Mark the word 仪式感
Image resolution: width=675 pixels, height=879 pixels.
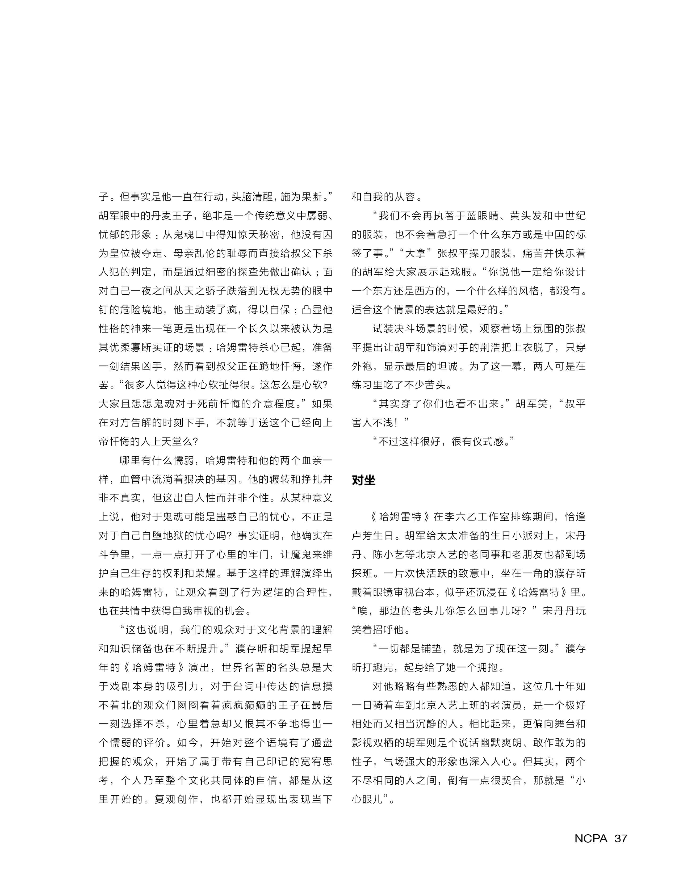pos(488,441)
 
